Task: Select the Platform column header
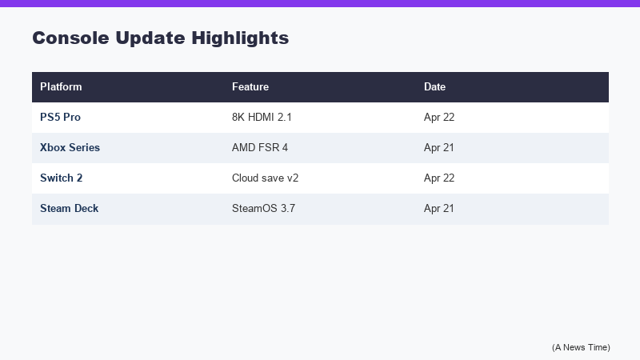61,86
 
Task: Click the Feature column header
250,86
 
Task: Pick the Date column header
434,86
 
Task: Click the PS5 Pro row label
60,117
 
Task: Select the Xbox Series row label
70,147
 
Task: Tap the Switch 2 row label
62,178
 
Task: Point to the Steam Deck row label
70,208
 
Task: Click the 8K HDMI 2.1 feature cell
262,117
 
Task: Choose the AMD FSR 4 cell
259,147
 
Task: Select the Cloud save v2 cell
265,178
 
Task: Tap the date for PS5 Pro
439,117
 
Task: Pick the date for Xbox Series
439,147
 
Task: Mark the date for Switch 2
439,178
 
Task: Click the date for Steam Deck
439,208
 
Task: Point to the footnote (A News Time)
581,346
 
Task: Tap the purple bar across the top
320,3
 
